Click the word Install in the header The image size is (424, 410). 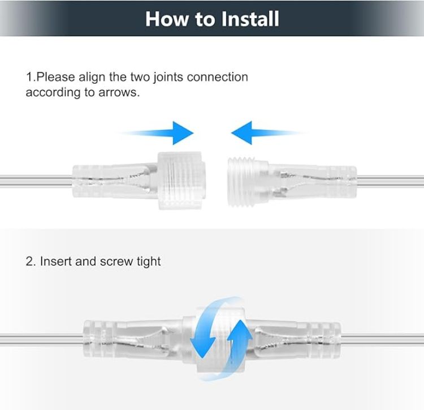245,19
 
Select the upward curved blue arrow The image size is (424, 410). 237,338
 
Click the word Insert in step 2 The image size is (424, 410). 56,262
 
